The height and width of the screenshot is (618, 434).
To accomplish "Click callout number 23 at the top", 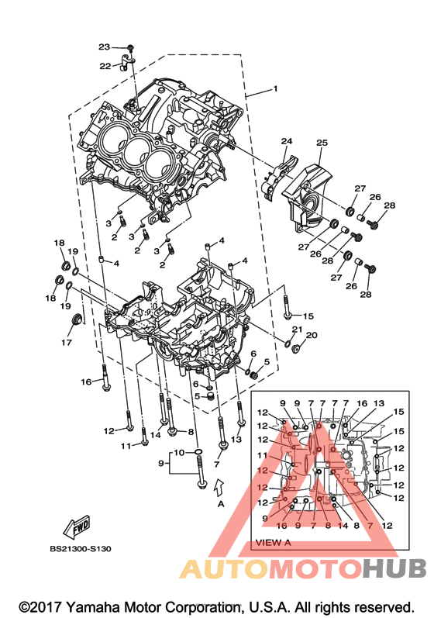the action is pyautogui.click(x=104, y=47).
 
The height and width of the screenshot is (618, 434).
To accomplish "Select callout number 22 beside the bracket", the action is pyautogui.click(x=105, y=66).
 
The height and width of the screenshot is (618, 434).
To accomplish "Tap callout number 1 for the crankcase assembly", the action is pyautogui.click(x=275, y=88).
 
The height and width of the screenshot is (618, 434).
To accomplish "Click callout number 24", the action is pyautogui.click(x=287, y=141).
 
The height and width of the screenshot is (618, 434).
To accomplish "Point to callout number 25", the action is pyautogui.click(x=322, y=142).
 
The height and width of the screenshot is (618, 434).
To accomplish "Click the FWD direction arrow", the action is pyautogui.click(x=77, y=527).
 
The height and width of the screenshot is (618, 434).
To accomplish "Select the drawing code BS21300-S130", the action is pyautogui.click(x=81, y=549).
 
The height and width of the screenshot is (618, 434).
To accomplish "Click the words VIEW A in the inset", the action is pyautogui.click(x=274, y=542).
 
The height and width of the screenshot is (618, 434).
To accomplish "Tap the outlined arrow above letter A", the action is pyautogui.click(x=219, y=486).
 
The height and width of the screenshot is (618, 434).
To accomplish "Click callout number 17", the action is pyautogui.click(x=67, y=342).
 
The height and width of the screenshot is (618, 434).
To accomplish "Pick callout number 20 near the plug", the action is pyautogui.click(x=312, y=335).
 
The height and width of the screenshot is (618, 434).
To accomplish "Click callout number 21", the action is pyautogui.click(x=297, y=329).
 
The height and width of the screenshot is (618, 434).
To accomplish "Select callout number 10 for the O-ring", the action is pyautogui.click(x=179, y=453).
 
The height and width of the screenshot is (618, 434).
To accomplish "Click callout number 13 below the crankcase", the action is pyautogui.click(x=236, y=440).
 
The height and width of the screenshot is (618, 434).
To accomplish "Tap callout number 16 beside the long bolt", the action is pyautogui.click(x=86, y=382).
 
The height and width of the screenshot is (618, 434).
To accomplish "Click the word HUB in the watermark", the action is pyautogui.click(x=394, y=568).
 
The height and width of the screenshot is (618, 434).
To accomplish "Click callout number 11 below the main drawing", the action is pyautogui.click(x=126, y=446).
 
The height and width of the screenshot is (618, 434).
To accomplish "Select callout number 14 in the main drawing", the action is pyautogui.click(x=156, y=435).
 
